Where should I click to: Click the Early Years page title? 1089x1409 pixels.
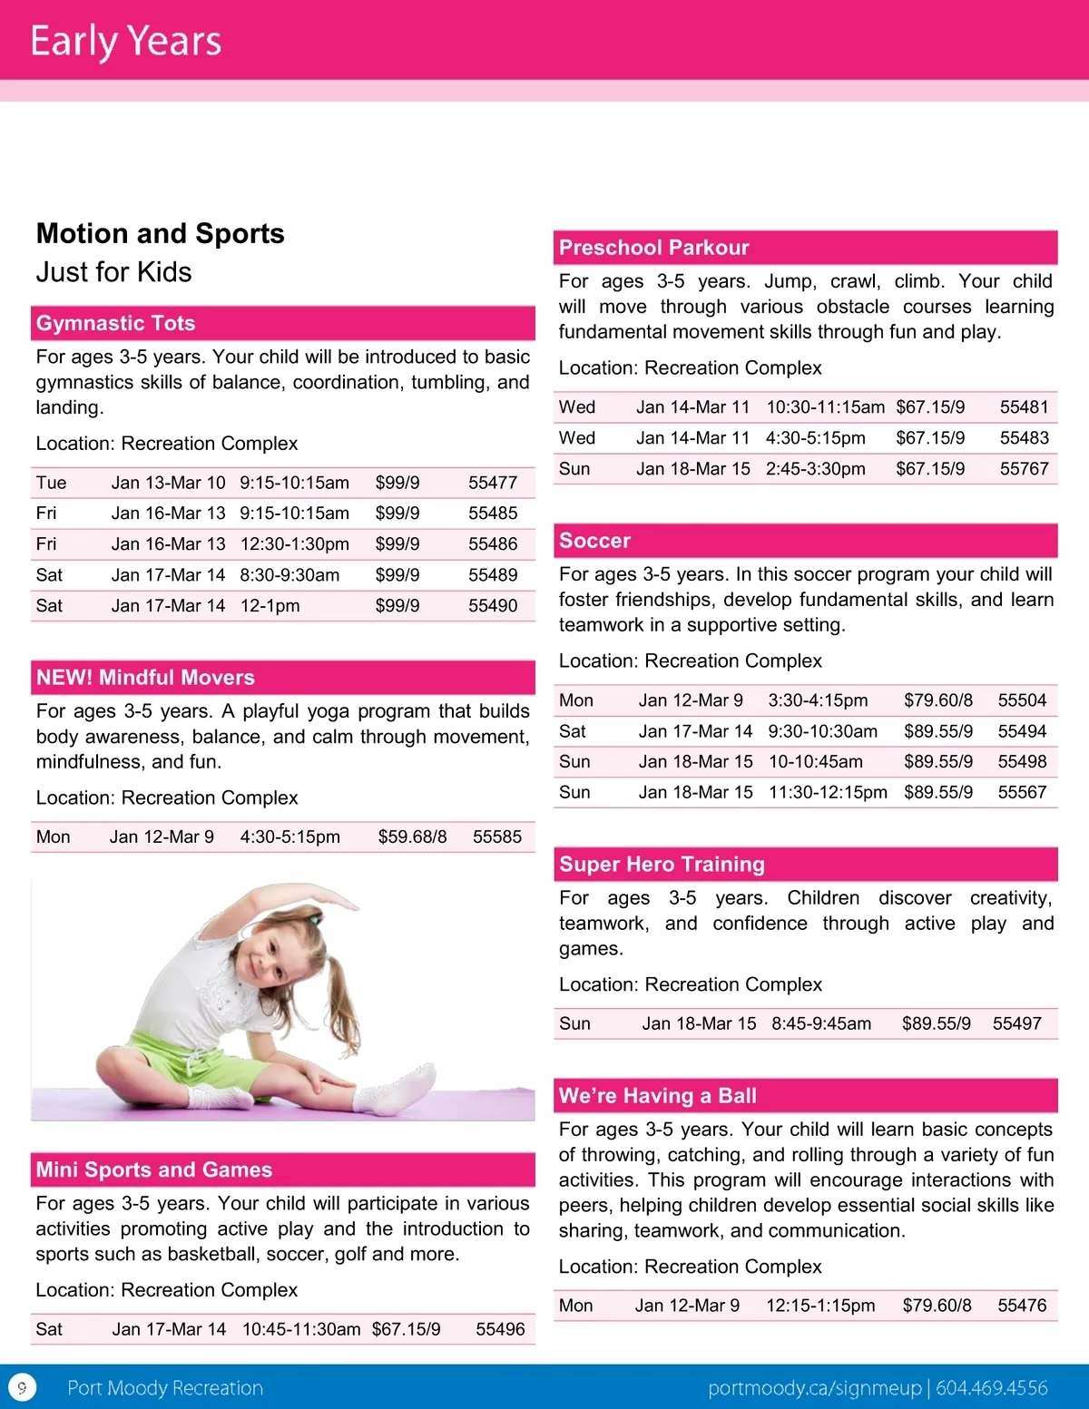tap(125, 42)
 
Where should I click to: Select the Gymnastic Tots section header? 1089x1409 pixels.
tap(115, 323)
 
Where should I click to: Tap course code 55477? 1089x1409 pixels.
tap(492, 483)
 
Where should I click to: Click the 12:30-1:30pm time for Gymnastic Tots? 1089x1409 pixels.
tap(294, 544)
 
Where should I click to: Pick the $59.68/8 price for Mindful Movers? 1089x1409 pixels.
tap(412, 837)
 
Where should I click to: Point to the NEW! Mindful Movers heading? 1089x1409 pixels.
tap(145, 678)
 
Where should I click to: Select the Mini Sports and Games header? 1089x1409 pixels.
tap(153, 1169)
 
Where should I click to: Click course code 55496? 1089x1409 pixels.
tap(500, 1329)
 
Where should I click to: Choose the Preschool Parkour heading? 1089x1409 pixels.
tap(653, 248)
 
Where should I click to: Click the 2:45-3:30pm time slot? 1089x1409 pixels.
tap(815, 469)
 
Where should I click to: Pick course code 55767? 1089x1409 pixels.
tap(1024, 469)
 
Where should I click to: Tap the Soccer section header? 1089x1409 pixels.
tap(594, 541)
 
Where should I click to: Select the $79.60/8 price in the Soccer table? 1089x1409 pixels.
tap(937, 700)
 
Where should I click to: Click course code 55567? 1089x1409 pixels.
tap(1022, 792)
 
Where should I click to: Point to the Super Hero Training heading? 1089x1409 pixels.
tap(662, 865)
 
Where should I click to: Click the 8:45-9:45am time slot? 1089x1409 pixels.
tap(820, 1023)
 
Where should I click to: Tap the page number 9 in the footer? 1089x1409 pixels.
tap(22, 1388)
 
